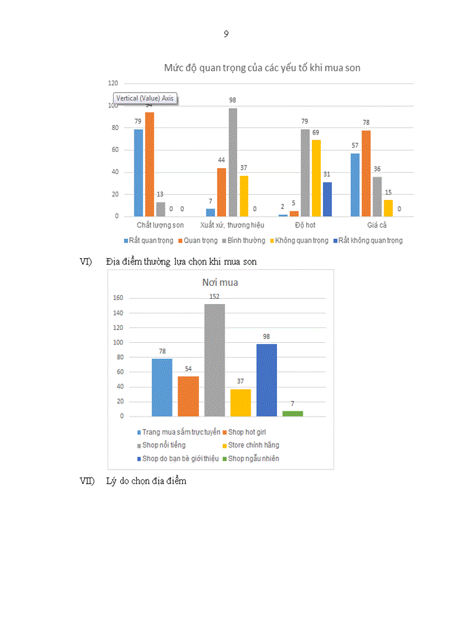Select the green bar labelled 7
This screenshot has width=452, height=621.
click(x=293, y=413)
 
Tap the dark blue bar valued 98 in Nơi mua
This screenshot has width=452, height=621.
click(x=266, y=380)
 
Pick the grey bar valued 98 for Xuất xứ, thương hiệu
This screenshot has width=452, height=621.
click(x=232, y=162)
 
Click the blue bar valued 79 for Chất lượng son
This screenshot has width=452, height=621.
click(x=138, y=173)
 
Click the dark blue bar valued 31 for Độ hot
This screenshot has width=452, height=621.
click(x=327, y=199)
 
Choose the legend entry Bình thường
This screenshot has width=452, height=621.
click(x=245, y=240)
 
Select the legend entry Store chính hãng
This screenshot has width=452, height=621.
click(x=253, y=445)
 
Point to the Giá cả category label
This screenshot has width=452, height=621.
click(x=377, y=225)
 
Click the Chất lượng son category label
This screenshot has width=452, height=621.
click(x=160, y=225)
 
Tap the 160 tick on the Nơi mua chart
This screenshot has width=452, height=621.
click(x=118, y=299)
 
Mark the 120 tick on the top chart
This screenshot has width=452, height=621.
click(x=113, y=83)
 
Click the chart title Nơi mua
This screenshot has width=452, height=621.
click(x=220, y=283)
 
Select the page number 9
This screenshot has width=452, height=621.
click(x=226, y=34)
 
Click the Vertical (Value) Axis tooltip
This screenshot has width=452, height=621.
click(x=145, y=98)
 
